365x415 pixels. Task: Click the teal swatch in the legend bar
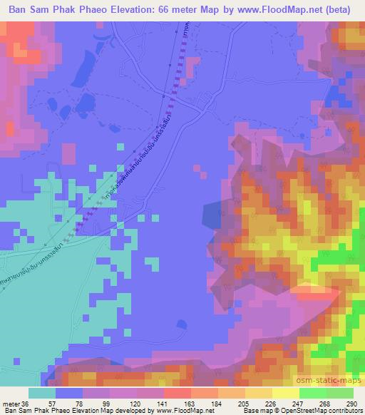pyautogui.click(x=42, y=393)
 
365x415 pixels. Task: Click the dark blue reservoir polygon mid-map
pyautogui.click(x=213, y=217)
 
